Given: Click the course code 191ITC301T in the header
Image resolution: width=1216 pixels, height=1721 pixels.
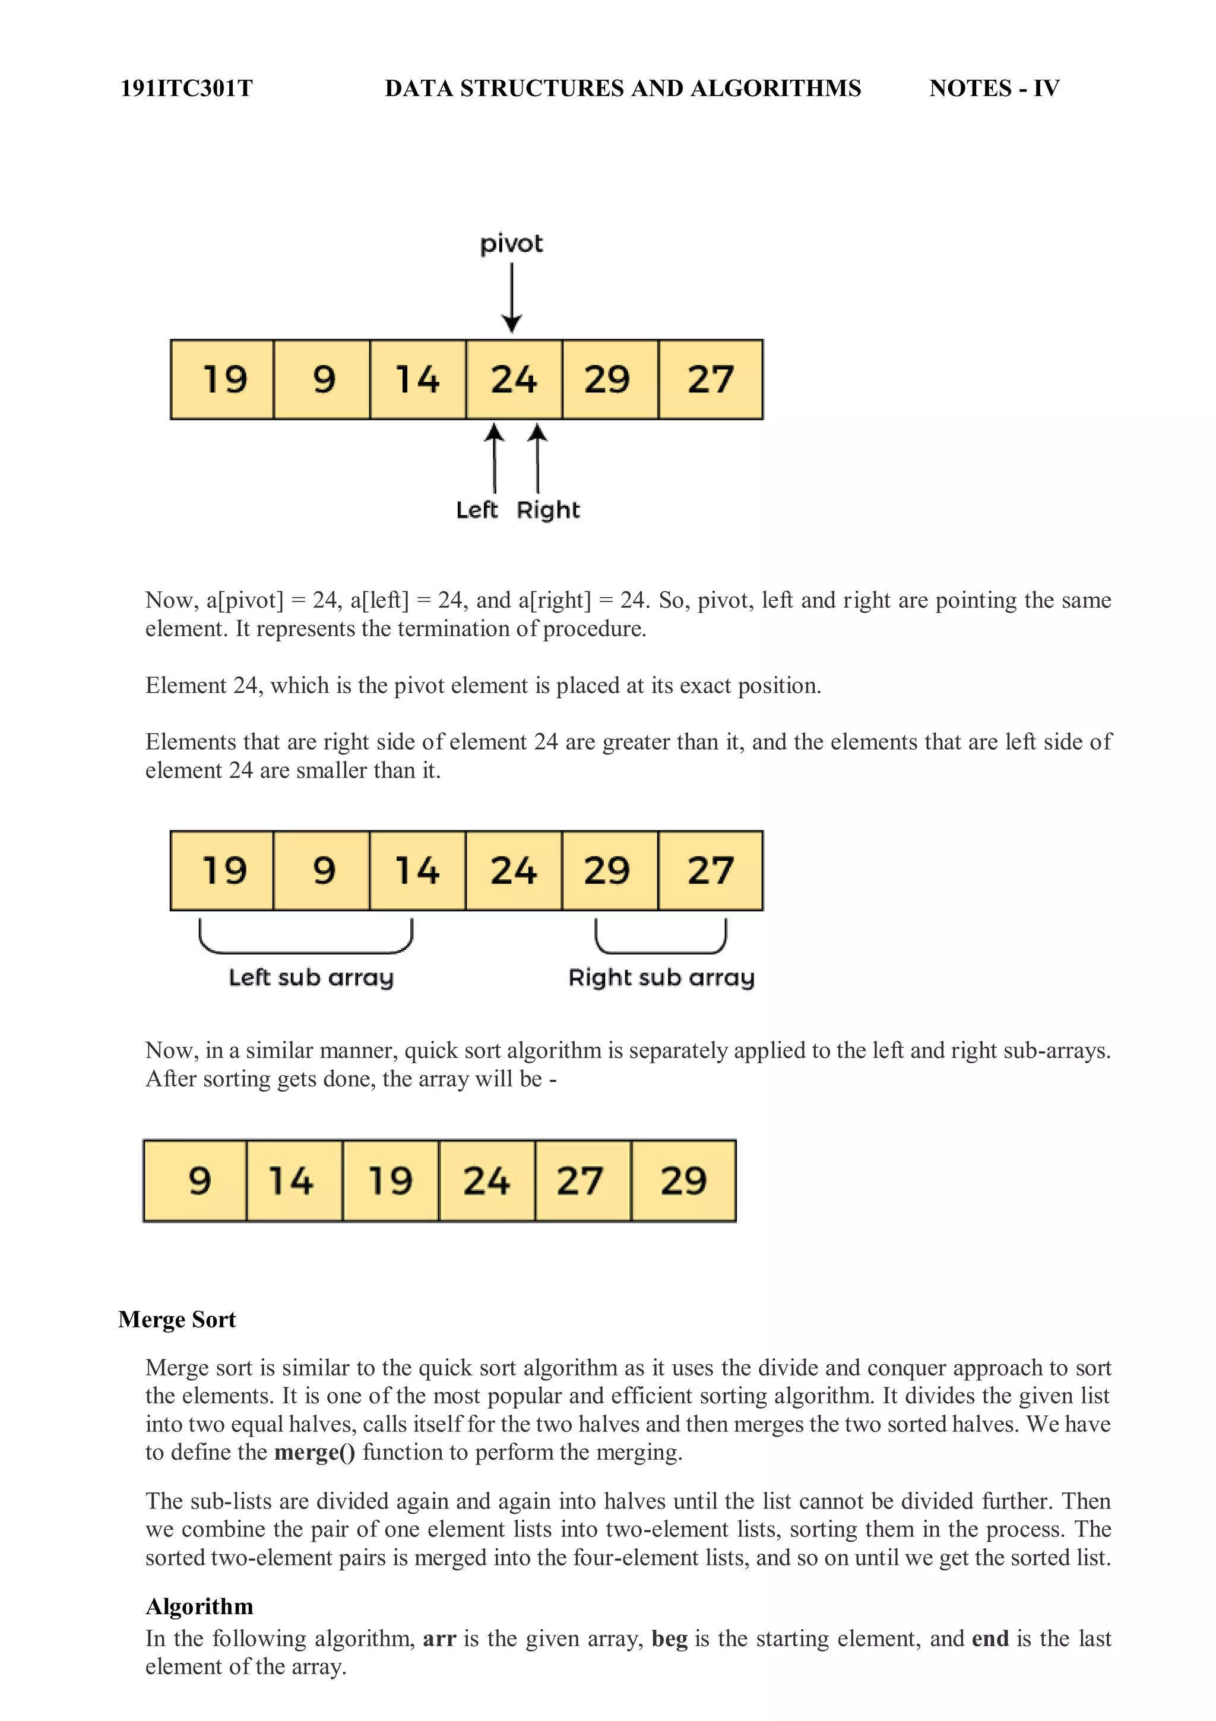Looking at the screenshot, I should point(186,88).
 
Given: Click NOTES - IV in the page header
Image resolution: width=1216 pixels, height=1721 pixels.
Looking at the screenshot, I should point(993,88).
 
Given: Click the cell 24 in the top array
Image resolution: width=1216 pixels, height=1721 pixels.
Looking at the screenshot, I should point(514,379).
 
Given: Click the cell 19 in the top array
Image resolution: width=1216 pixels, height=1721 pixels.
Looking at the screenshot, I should point(223,379).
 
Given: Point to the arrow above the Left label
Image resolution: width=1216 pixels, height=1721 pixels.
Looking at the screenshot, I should point(494,458).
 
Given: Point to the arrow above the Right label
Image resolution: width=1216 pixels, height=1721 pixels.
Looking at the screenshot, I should point(537,458).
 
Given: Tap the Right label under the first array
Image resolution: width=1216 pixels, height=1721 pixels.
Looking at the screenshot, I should point(548,511).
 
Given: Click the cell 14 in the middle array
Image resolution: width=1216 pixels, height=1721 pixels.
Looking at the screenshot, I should point(417,870).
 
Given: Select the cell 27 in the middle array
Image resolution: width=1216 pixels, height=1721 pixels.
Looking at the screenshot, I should point(710,870).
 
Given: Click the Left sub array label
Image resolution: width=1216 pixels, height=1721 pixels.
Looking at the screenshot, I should point(311,977).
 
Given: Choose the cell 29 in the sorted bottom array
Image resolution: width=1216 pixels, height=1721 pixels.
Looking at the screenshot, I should point(683,1181).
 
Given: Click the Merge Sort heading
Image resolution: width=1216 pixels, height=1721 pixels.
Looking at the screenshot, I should point(177,1319).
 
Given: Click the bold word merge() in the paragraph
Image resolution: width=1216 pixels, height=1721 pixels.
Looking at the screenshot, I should point(314,1452).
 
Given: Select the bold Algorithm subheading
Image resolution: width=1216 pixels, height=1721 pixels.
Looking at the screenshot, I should point(199,1606).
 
